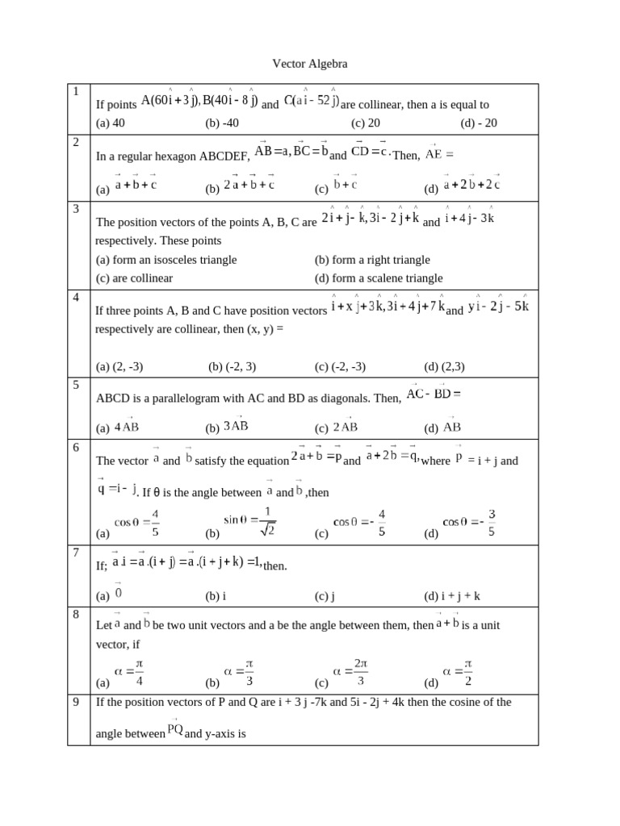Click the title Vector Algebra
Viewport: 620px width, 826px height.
click(x=309, y=63)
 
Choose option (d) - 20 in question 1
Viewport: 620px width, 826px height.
click(x=479, y=123)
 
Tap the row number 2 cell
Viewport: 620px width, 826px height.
click(x=76, y=142)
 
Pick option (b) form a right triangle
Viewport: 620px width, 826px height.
click(x=372, y=260)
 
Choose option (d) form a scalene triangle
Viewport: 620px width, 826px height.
click(x=379, y=277)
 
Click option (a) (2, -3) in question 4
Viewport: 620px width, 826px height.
click(x=119, y=366)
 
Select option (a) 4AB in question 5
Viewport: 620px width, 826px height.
click(x=117, y=428)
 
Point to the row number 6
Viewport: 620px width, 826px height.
click(x=76, y=447)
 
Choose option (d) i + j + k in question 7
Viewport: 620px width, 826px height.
click(x=452, y=596)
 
